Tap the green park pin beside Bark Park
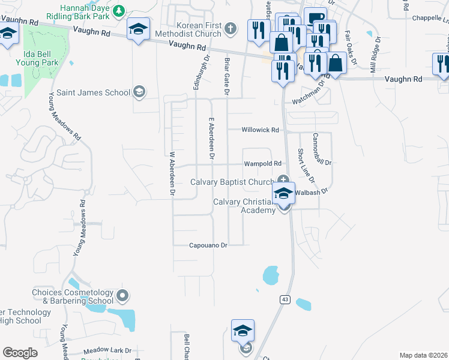tap(119, 10)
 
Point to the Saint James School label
tap(93, 92)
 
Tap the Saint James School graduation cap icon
tap(139, 91)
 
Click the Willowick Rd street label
tap(261, 130)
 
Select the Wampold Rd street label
tap(262, 163)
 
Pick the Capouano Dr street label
tap(208, 245)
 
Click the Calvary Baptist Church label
tap(232, 182)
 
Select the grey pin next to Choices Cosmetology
tap(123, 295)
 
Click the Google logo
tap(20, 353)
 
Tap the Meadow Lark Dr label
tap(107, 350)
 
